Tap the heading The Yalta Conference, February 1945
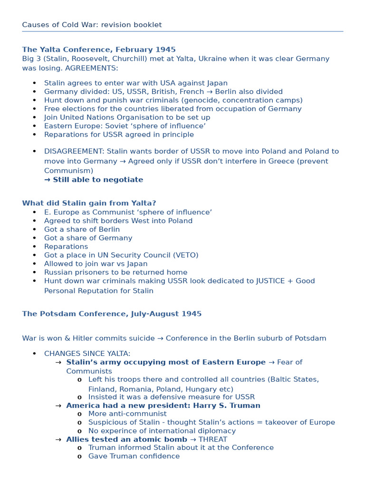99,49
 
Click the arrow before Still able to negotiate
47,180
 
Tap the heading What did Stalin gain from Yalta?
89,203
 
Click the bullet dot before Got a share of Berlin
34,230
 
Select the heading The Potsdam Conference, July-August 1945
112,314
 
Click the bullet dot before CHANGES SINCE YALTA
34,354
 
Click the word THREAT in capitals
213,439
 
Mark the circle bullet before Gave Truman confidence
79,457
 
